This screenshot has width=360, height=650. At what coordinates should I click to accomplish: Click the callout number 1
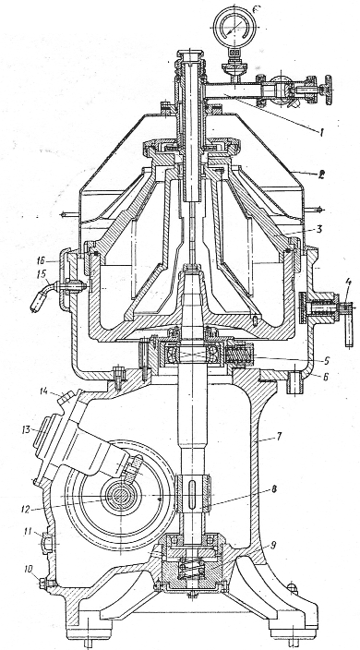(x=319, y=132)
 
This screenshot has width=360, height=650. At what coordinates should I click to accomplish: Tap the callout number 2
(x=321, y=175)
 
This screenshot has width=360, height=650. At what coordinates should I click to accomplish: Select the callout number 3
(x=319, y=228)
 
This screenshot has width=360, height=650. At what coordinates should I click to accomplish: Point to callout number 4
(x=348, y=284)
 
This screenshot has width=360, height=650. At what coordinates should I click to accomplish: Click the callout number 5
(x=327, y=361)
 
